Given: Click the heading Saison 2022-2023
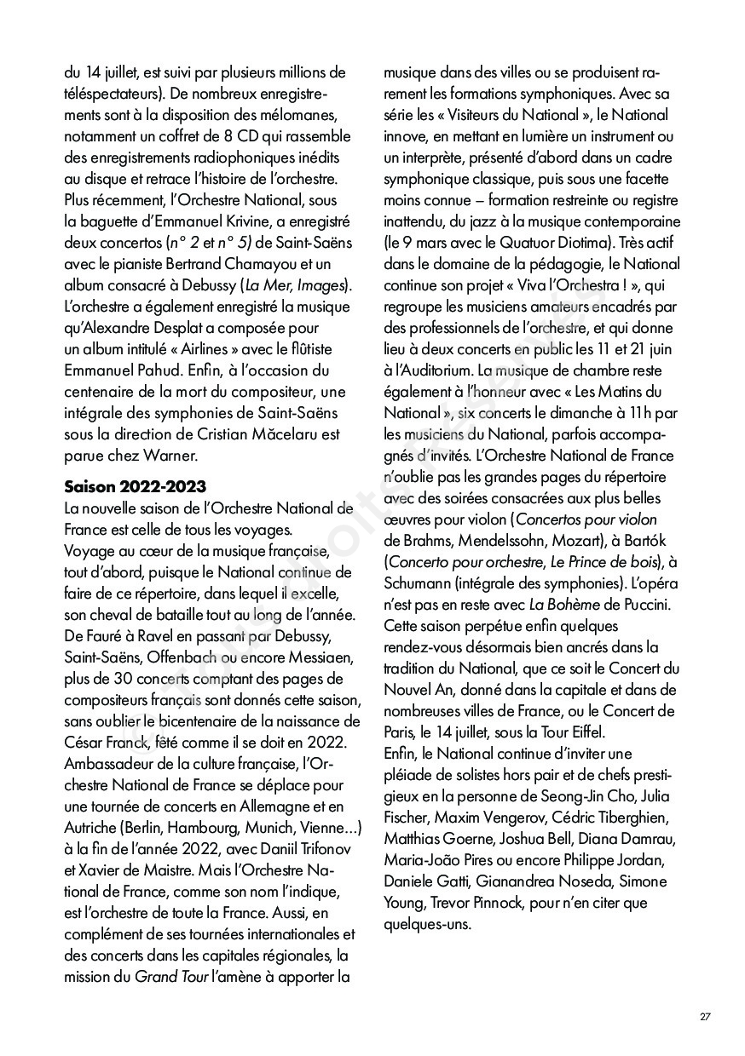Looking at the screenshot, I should point(135,486).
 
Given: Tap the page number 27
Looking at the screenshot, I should point(705,1017).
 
